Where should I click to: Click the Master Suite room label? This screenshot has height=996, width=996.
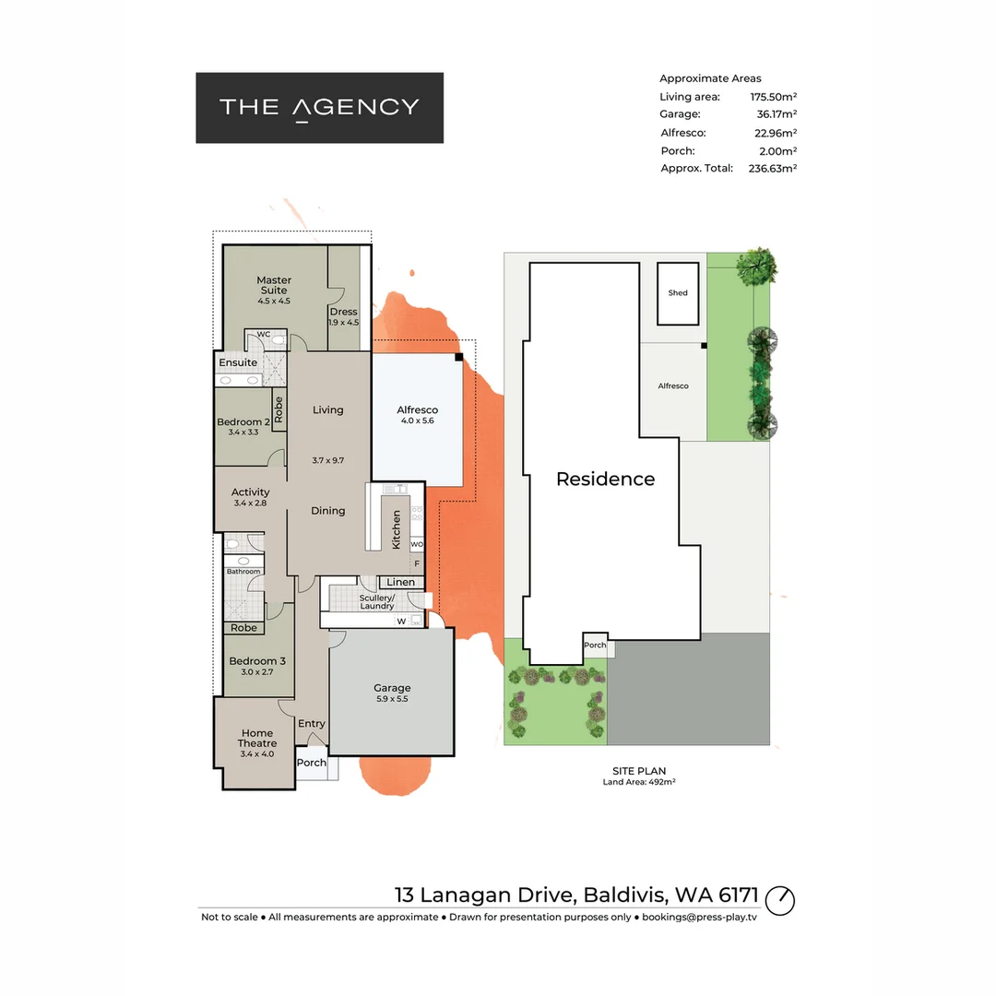(274, 285)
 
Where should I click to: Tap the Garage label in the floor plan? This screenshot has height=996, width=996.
(392, 688)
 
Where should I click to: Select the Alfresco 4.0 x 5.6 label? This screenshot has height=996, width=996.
(417, 410)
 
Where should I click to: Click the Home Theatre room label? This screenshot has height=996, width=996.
(257, 738)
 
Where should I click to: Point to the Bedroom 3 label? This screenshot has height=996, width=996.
(257, 661)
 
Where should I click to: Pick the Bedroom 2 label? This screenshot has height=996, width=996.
(243, 422)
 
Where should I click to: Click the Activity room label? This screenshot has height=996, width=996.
(251, 492)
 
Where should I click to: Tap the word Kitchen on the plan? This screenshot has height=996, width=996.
(397, 530)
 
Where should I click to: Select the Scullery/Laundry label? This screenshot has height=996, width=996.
(376, 601)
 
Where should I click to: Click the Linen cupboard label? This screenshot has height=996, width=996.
(401, 582)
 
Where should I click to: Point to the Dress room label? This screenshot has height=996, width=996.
(343, 312)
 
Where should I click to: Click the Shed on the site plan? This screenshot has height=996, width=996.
(678, 293)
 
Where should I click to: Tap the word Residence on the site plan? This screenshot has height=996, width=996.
(605, 479)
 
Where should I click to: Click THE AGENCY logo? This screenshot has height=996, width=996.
(319, 108)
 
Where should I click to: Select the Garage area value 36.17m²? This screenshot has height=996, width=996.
(776, 114)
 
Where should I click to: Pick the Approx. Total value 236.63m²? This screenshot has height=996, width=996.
(772, 169)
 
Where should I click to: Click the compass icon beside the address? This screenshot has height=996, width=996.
(780, 899)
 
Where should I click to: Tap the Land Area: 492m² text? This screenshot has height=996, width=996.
(639, 783)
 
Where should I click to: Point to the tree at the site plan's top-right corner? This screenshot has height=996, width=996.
(757, 267)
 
